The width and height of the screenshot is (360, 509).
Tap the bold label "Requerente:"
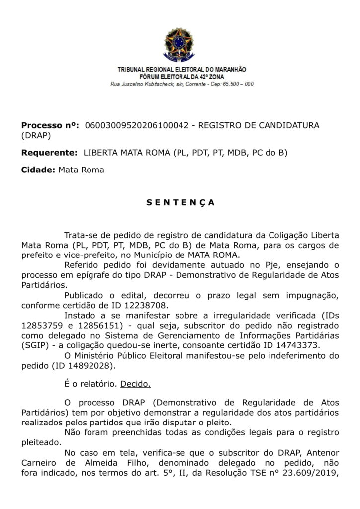49,153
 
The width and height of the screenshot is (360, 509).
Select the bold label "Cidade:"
38,170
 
